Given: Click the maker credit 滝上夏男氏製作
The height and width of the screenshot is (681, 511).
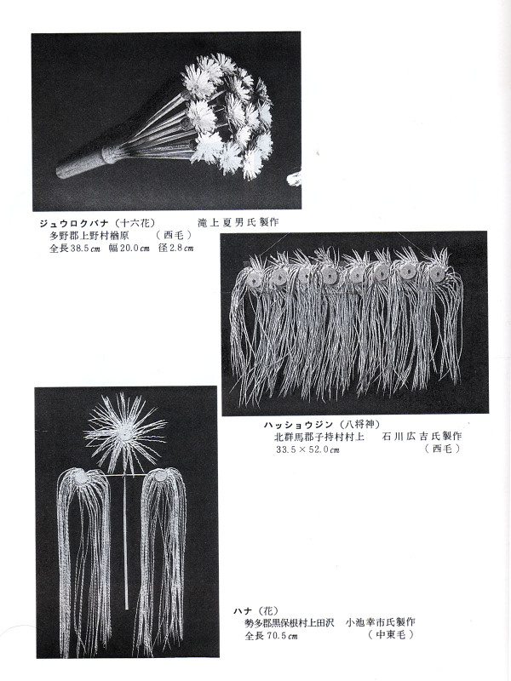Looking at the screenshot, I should [238, 222].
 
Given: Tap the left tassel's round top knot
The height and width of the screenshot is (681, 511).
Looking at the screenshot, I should [83, 478].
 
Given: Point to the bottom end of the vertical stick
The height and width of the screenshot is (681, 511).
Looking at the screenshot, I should [126, 606].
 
